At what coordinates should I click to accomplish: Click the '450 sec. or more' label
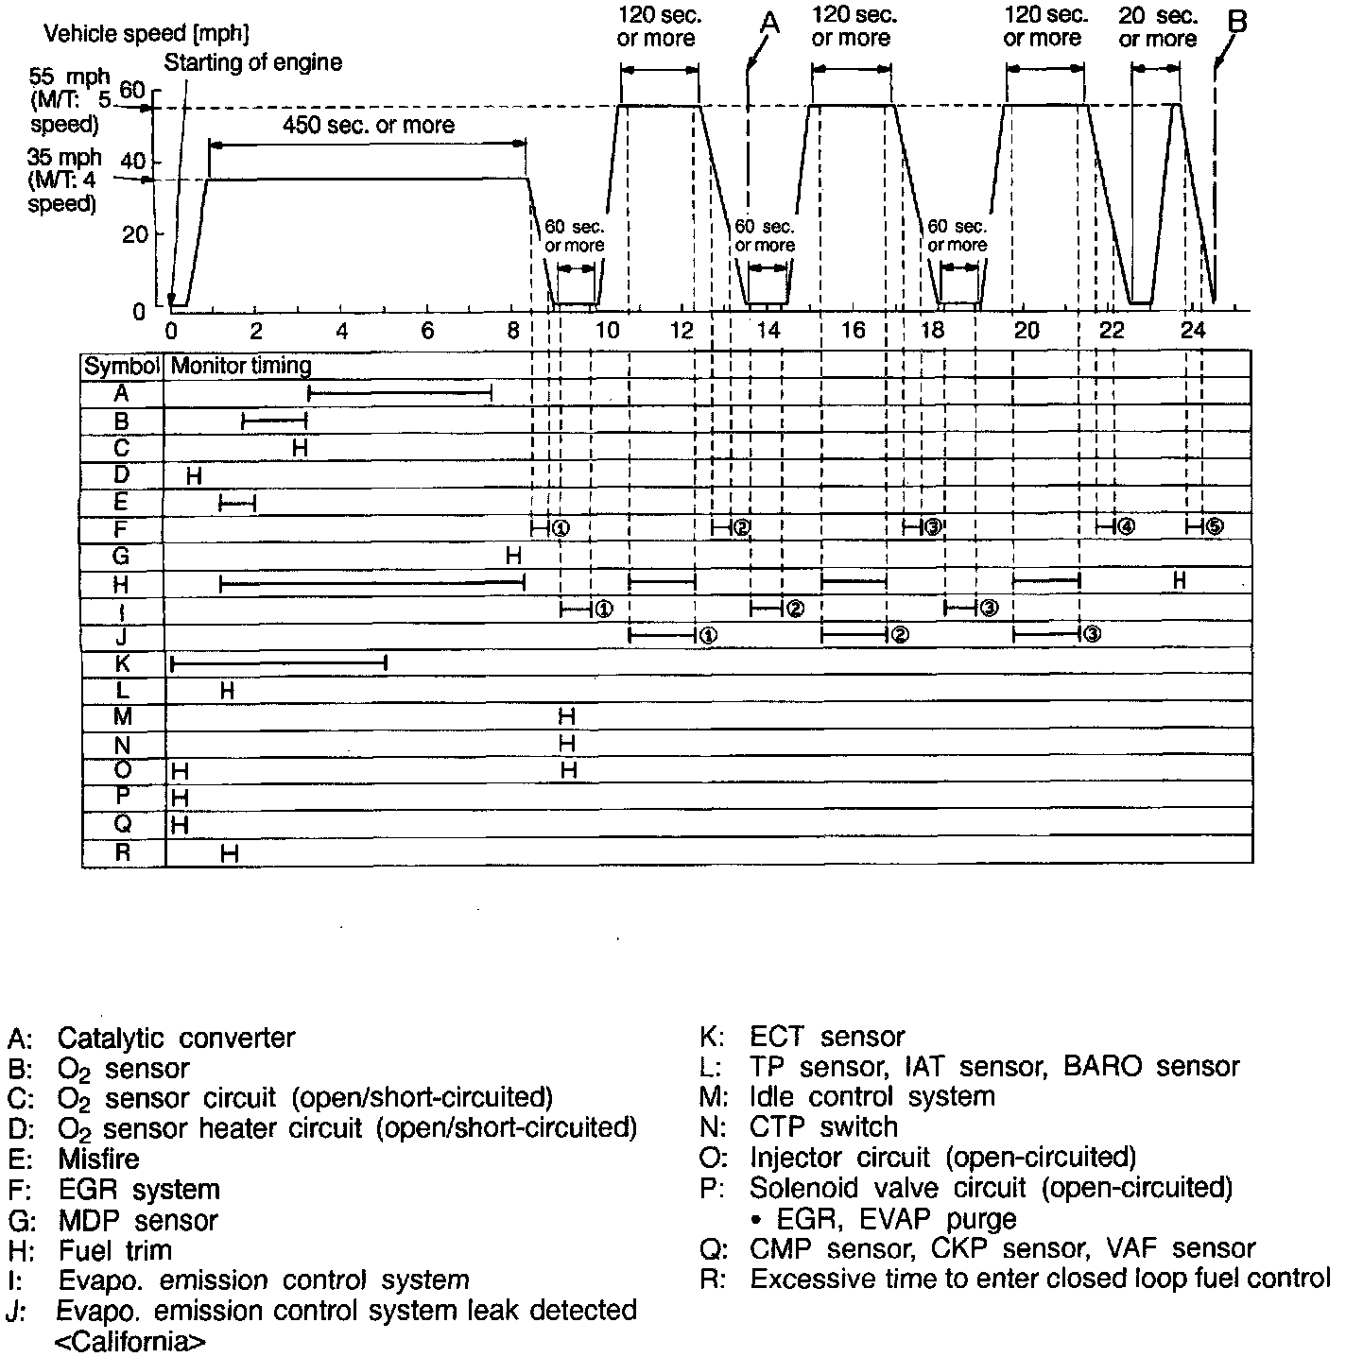pos(369,126)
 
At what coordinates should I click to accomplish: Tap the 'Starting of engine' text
pos(253,63)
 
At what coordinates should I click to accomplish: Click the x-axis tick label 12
pos(683,331)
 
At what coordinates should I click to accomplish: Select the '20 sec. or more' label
pos(1158,27)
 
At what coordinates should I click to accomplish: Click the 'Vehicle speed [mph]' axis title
pos(147,35)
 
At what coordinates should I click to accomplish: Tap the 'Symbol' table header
pos(123,366)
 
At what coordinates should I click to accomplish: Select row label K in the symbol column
pos(122,664)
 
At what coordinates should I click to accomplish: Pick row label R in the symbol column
pos(122,852)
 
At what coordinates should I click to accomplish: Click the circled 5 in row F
pos(1215,527)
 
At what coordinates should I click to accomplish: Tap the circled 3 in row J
pos(1091,635)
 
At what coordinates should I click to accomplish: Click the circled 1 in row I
pos(603,608)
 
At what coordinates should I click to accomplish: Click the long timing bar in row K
pos(279,664)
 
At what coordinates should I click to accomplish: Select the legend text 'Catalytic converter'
pos(176,1038)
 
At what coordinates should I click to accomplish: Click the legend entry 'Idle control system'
pos(871,1097)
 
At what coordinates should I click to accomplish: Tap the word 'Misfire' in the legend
pos(98,1159)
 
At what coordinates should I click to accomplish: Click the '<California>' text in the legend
pos(129,1341)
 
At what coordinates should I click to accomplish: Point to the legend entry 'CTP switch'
pos(822,1127)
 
